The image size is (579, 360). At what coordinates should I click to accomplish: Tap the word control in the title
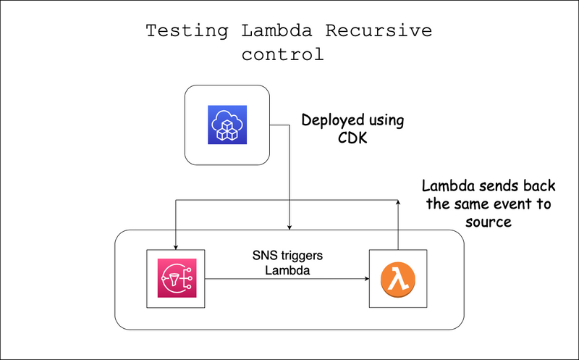tap(283, 54)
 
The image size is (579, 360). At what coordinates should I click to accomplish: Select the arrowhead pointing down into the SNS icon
tap(177, 246)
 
